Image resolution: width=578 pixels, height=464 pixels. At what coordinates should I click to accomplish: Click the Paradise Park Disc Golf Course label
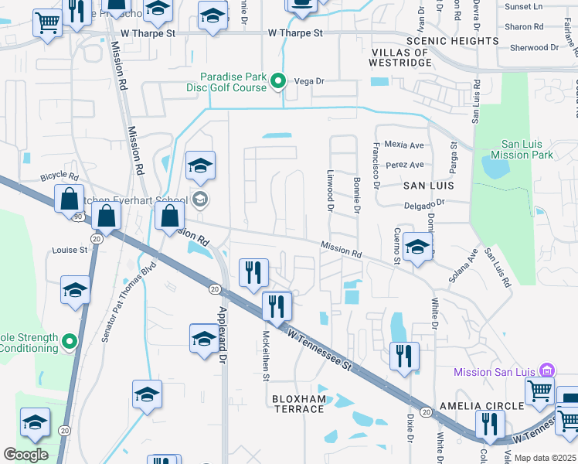[233, 82]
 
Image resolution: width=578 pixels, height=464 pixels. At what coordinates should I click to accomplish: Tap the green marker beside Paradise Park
[280, 80]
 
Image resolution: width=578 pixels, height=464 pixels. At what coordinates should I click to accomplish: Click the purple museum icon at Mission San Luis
[547, 370]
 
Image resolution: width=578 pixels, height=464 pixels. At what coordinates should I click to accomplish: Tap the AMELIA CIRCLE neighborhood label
[481, 405]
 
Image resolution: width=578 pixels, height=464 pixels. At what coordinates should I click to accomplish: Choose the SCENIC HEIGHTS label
[452, 40]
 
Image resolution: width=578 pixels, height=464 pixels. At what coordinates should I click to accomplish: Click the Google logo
[26, 455]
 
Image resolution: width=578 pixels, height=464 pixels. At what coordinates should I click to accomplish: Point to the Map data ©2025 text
[545, 458]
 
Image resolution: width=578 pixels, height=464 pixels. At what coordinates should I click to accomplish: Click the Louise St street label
[70, 251]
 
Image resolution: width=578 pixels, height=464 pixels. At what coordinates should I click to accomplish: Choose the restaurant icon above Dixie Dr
[404, 356]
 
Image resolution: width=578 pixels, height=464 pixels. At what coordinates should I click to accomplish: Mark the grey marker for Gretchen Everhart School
[200, 200]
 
